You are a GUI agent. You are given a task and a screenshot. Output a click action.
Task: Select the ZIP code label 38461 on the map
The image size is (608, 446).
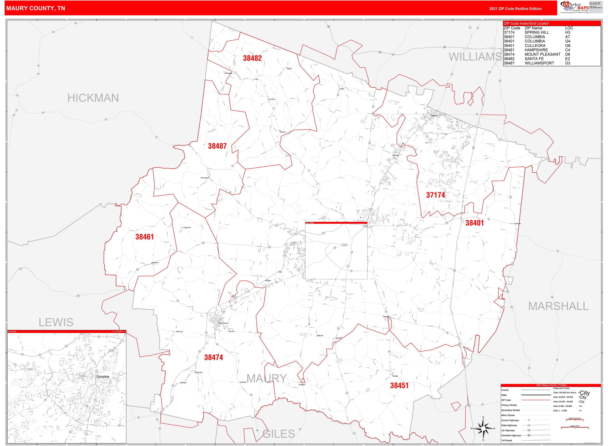pos(145,237)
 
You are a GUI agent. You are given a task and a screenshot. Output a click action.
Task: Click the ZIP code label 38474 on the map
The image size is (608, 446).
pos(213,357)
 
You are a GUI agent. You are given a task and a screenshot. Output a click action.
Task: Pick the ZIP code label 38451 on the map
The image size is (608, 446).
pos(399,385)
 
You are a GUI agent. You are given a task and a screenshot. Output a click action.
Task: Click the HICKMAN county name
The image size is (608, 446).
pos(93,98)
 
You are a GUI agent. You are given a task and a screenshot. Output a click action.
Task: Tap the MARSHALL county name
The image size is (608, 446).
pos(558,306)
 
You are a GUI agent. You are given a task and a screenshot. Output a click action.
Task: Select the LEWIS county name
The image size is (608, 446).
pos(56,322)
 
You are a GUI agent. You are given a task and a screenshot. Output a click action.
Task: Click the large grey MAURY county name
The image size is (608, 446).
pos(266,379)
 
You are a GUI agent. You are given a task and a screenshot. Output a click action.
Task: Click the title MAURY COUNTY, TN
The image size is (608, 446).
pos(36,8)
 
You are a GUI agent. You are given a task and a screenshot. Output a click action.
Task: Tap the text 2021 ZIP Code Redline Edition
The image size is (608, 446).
pos(515,9)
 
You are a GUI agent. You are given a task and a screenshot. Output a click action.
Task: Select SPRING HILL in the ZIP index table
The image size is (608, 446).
pos(537,32)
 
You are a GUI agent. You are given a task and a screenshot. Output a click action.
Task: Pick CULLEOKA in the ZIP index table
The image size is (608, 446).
pos(535,46)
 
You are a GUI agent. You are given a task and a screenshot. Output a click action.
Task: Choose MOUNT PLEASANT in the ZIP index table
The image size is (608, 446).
pos(542,54)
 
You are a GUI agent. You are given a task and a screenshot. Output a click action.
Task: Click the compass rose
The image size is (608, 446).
pos(483,429)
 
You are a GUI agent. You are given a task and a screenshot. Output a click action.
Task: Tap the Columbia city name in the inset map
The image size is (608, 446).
pos(103,377)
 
